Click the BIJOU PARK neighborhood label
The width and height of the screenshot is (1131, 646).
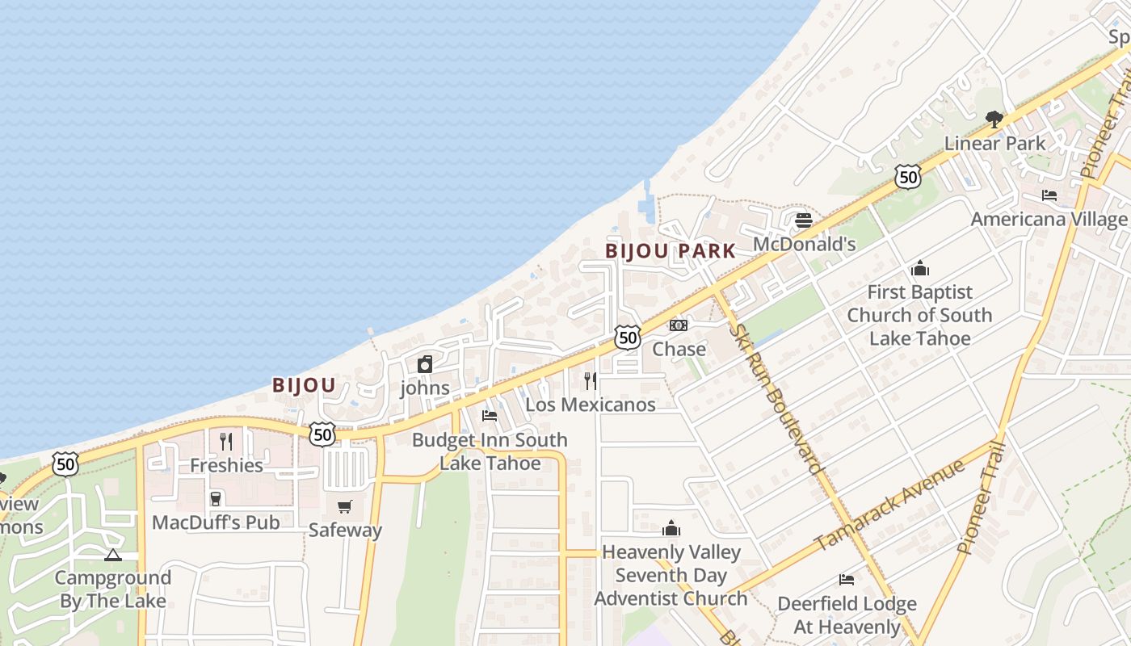pyautogui.click(x=671, y=251)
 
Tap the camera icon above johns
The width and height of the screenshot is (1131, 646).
pyautogui.click(x=425, y=364)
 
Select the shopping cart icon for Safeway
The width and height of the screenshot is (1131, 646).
pyautogui.click(x=345, y=506)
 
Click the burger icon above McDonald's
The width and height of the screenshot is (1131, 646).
pyautogui.click(x=803, y=220)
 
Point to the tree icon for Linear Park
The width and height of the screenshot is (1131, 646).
pyautogui.click(x=994, y=120)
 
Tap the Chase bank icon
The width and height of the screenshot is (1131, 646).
pyautogui.click(x=679, y=325)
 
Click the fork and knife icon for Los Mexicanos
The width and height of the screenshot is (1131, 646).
pyautogui.click(x=591, y=380)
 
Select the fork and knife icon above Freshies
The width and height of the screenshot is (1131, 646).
pyautogui.click(x=226, y=441)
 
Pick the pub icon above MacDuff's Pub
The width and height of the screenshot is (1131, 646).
pyautogui.click(x=215, y=498)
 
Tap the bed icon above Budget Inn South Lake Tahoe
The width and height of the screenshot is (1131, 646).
pyautogui.click(x=490, y=416)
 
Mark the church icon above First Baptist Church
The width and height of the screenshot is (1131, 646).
pyautogui.click(x=919, y=268)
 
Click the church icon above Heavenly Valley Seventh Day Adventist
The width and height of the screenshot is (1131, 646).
pyautogui.click(x=671, y=528)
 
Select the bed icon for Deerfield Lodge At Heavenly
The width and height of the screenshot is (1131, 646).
pyautogui.click(x=847, y=579)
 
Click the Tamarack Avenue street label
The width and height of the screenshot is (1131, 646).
pyautogui.click(x=889, y=505)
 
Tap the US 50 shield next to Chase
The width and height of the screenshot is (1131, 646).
pyautogui.click(x=628, y=337)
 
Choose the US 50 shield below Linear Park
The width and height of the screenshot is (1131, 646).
pyautogui.click(x=908, y=177)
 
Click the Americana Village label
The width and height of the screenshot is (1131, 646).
pyautogui.click(x=1049, y=220)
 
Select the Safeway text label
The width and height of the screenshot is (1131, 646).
pyautogui.click(x=345, y=531)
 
